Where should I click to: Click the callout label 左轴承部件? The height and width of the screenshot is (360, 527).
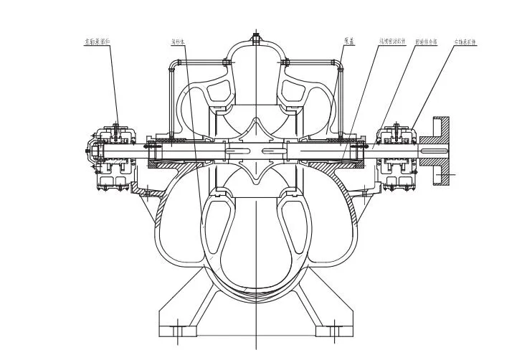98,42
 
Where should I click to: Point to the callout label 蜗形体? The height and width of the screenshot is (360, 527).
179,42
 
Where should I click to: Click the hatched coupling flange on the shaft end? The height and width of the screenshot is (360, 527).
440,151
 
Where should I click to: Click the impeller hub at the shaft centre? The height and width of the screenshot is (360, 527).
256,151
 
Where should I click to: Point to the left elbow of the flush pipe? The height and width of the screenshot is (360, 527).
172,67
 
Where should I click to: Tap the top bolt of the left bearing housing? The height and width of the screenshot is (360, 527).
115,128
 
